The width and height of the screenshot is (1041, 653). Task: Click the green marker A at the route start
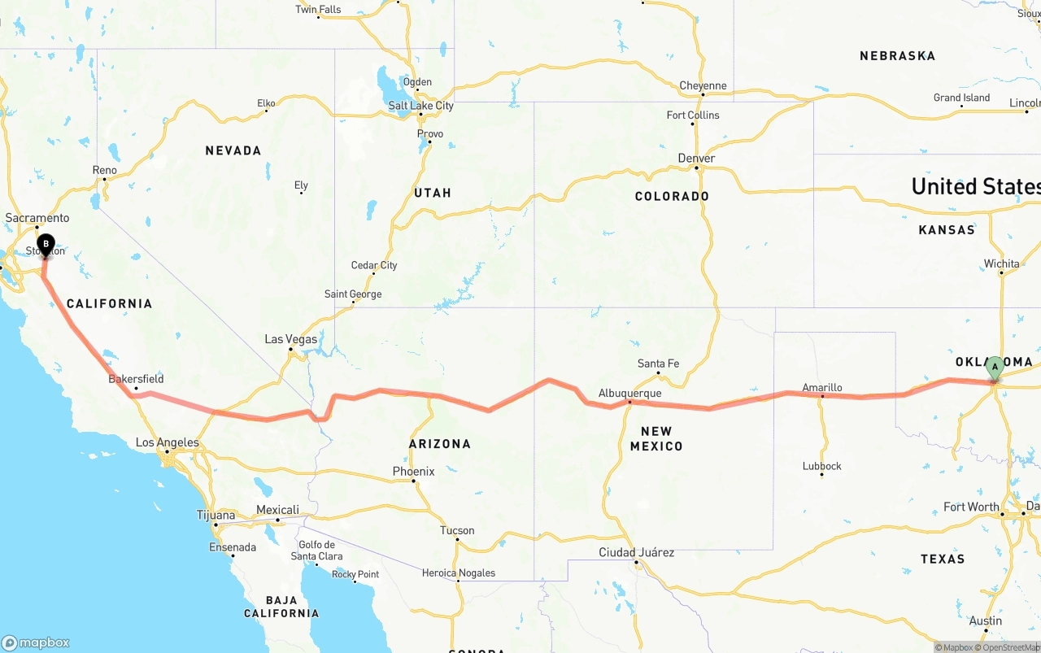pyautogui.click(x=994, y=368)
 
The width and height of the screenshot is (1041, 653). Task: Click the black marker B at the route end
pyautogui.click(x=46, y=244)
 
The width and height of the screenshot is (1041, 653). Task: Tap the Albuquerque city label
pyautogui.click(x=629, y=394)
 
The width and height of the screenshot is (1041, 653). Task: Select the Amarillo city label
pyautogui.click(x=821, y=388)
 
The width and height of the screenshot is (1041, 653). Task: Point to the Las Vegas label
pyautogui.click(x=290, y=339)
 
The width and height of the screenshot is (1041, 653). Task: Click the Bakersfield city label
pyautogui.click(x=136, y=379)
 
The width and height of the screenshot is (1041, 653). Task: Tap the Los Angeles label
pyautogui.click(x=167, y=443)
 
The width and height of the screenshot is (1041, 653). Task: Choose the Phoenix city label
pyautogui.click(x=413, y=472)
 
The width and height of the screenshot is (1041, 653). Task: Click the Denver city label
pyautogui.click(x=696, y=159)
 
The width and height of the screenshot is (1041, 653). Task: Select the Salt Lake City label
pyautogui.click(x=420, y=106)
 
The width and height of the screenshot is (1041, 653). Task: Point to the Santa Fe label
pyautogui.click(x=658, y=364)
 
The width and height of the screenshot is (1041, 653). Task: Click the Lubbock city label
pyautogui.click(x=821, y=466)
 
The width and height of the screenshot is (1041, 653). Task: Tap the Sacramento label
pyautogui.click(x=37, y=218)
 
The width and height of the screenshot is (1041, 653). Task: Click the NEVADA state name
pyautogui.click(x=233, y=150)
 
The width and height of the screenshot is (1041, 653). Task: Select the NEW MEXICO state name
pyautogui.click(x=656, y=438)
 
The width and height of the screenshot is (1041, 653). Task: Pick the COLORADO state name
pyautogui.click(x=672, y=196)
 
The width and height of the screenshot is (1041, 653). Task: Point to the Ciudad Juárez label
pyautogui.click(x=636, y=552)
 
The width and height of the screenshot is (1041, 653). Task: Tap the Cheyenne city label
pyautogui.click(x=703, y=86)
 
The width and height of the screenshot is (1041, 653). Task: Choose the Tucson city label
pyautogui.click(x=456, y=531)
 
